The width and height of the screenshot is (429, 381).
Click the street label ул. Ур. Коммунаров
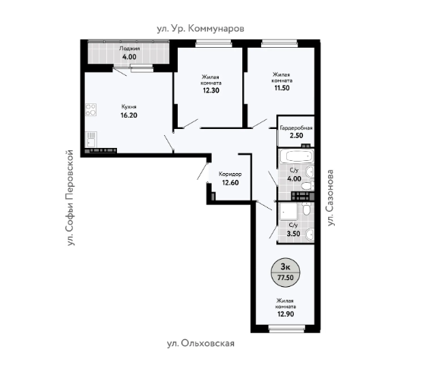[200, 29]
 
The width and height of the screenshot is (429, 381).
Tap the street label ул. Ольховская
[200, 343]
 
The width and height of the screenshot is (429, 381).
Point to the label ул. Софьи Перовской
[71, 197]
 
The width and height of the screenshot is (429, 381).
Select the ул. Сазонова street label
[330, 198]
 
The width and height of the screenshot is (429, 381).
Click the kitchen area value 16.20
[129, 115]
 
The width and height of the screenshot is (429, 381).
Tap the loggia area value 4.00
[129, 57]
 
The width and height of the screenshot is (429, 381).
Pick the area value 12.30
[211, 90]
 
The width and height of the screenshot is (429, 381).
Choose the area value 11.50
[282, 88]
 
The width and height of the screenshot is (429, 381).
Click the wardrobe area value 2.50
[296, 135]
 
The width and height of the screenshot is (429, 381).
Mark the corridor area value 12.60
[230, 183]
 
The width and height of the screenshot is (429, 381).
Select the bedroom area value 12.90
[286, 314]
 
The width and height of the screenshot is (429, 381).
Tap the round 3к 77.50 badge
[285, 272]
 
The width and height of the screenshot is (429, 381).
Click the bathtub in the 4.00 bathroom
[298, 156]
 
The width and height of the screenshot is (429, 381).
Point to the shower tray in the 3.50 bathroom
[289, 211]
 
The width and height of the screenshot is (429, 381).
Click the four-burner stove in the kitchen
[90, 109]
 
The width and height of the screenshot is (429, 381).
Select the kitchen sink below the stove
[91, 140]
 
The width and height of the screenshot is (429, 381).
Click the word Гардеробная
[296, 128]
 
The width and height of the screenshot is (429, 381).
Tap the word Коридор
[230, 175]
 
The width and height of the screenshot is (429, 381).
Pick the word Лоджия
[129, 49]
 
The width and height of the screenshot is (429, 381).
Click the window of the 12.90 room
[287, 329]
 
